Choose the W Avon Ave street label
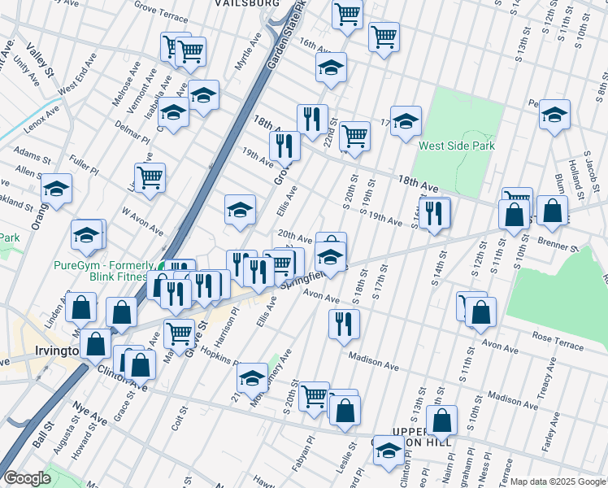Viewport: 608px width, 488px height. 143,222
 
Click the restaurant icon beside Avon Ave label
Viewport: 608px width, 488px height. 344,323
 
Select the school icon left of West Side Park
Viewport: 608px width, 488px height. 406,122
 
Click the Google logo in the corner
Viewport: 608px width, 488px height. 27,478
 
